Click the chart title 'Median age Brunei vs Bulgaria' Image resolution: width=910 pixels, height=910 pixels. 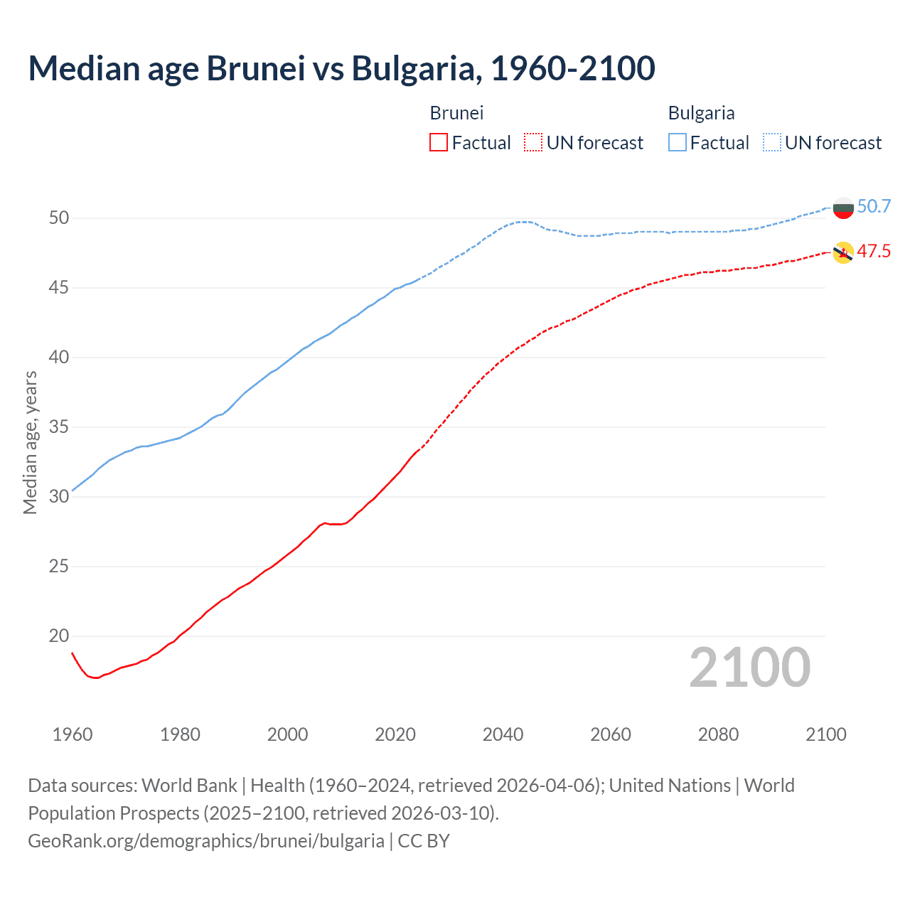point(341,68)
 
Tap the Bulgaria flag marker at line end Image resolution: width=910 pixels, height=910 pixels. point(843,208)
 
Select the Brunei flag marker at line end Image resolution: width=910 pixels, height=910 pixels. point(843,252)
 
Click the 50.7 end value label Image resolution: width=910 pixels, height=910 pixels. point(874,207)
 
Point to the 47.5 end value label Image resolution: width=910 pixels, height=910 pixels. point(874,252)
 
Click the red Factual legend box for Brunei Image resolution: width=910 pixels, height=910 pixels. point(439,143)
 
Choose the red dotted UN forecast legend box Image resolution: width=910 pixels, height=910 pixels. point(533,143)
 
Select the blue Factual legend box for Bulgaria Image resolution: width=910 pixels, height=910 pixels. point(678,143)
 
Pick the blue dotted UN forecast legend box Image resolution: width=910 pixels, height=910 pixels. point(772,143)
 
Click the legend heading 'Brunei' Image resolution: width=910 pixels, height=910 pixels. point(456,113)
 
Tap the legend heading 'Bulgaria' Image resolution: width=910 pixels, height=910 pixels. point(701,113)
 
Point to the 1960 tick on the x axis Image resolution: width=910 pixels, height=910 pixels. point(73,734)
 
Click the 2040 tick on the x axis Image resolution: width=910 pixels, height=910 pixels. point(503,734)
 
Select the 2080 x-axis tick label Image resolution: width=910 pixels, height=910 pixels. point(718,734)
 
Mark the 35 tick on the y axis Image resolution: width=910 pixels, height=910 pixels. point(59,427)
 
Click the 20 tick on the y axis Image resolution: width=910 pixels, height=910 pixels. point(59,636)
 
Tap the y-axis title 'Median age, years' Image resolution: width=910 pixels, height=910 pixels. point(30,442)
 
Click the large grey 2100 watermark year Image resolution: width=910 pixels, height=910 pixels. point(750,668)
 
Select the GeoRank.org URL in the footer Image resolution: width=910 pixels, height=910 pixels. point(206,841)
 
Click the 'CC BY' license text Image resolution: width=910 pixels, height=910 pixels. point(424,841)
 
